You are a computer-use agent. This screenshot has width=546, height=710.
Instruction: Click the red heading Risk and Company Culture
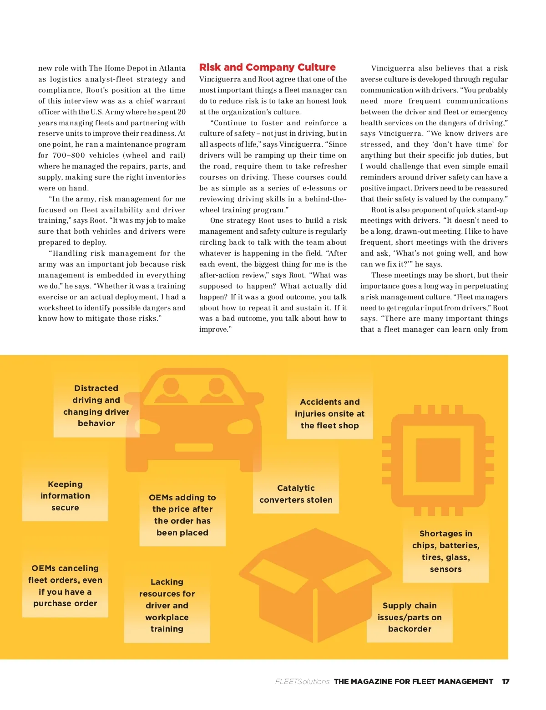(267, 67)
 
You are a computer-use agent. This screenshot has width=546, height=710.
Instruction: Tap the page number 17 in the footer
(506, 682)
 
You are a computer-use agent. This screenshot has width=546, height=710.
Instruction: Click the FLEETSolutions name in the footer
(302, 682)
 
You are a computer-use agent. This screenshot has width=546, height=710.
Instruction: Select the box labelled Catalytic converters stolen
(296, 494)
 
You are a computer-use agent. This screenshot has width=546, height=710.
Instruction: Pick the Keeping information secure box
(65, 496)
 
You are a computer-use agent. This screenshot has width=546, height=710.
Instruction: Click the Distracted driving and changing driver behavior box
(96, 406)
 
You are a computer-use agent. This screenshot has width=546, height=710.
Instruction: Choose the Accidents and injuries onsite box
(329, 414)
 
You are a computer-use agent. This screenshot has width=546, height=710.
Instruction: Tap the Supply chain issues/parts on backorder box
(409, 617)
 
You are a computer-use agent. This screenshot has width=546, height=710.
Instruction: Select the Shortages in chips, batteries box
(445, 551)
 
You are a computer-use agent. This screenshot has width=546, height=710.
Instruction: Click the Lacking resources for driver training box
(167, 605)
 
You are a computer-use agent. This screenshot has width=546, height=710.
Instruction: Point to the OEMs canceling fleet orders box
(65, 586)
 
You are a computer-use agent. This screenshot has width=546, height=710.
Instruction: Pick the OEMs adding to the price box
(182, 515)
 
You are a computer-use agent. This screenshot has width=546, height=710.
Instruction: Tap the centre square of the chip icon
(438, 461)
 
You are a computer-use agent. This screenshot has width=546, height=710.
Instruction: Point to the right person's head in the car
(217, 386)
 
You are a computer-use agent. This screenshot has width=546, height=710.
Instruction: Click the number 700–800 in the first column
(69, 155)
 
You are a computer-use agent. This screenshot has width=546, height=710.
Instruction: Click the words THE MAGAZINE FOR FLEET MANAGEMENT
(413, 682)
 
